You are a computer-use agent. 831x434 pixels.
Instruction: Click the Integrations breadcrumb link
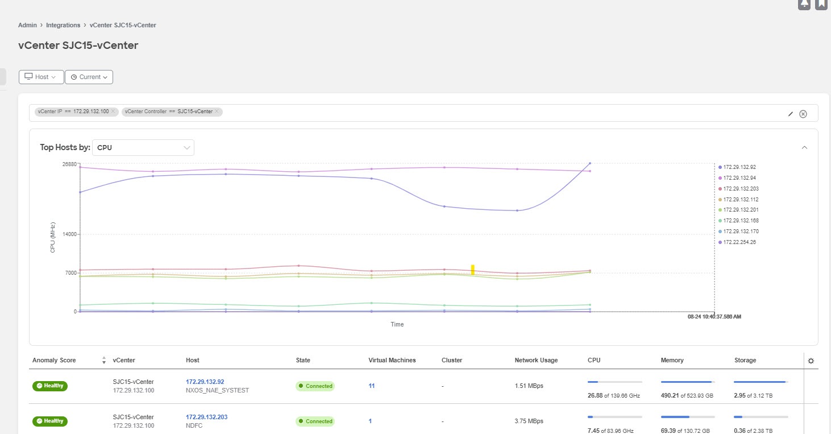click(63, 25)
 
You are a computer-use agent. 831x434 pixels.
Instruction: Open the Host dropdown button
click(41, 77)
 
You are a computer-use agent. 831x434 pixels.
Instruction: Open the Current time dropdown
click(89, 77)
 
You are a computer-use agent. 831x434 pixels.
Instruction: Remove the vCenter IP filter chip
click(113, 111)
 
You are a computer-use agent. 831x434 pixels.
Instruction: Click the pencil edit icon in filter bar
click(790, 114)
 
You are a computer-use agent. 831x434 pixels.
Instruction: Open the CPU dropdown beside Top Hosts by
click(143, 148)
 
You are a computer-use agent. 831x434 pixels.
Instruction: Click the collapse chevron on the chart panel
click(804, 148)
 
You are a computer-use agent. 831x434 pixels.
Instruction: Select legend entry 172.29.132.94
click(739, 178)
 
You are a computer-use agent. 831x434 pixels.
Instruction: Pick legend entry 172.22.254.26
click(739, 242)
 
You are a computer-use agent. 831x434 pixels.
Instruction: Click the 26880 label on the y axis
click(69, 164)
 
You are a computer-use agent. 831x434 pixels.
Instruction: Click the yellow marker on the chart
click(472, 270)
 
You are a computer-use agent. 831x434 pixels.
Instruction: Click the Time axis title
click(397, 324)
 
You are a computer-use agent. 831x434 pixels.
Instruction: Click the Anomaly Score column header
click(54, 360)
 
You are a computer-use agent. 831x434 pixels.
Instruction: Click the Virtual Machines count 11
click(371, 386)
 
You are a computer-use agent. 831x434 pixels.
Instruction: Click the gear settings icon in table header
click(811, 361)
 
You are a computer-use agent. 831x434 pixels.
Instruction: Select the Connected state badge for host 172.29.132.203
click(315, 421)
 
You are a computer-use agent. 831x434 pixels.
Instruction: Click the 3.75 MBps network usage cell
click(529, 421)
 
